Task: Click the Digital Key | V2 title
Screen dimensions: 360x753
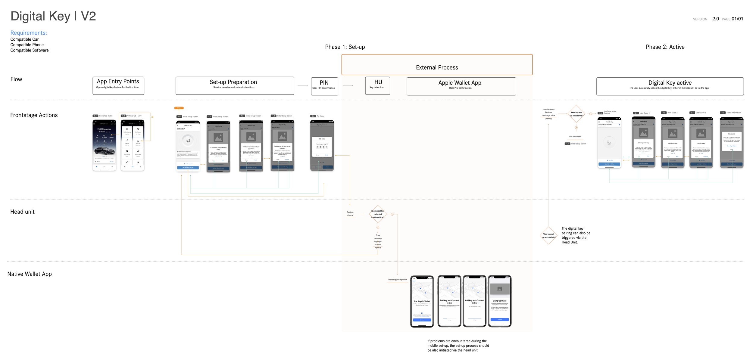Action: pyautogui.click(x=53, y=16)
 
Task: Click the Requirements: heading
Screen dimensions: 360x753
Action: pyautogui.click(x=29, y=33)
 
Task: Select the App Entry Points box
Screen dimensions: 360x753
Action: pyautogui.click(x=118, y=85)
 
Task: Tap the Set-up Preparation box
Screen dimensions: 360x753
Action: pyautogui.click(x=235, y=85)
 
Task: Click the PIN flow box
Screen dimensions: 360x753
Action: pyautogui.click(x=324, y=86)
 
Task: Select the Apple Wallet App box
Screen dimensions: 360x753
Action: pyautogui.click(x=461, y=86)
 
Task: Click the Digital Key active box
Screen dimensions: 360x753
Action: pyautogui.click(x=670, y=86)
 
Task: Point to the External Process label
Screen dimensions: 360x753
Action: pyautogui.click(x=437, y=67)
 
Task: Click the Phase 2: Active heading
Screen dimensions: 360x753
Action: pyautogui.click(x=665, y=47)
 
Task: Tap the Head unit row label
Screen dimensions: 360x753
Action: pyautogui.click(x=22, y=212)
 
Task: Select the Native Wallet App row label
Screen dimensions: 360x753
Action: pyautogui.click(x=30, y=274)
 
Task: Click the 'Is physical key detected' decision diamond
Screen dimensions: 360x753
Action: pyautogui.click(x=377, y=214)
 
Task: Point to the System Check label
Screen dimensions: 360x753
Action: pyautogui.click(x=350, y=214)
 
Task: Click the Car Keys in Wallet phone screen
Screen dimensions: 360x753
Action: pyautogui.click(x=422, y=301)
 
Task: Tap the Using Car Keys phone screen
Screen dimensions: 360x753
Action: pyautogui.click(x=499, y=301)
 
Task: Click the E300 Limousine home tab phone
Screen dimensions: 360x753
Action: pyautogui.click(x=104, y=145)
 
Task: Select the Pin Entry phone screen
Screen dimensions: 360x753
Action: pyautogui.click(x=322, y=145)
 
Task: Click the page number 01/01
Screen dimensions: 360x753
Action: pyautogui.click(x=737, y=19)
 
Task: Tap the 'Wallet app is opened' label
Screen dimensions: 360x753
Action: pyautogui.click(x=397, y=280)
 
